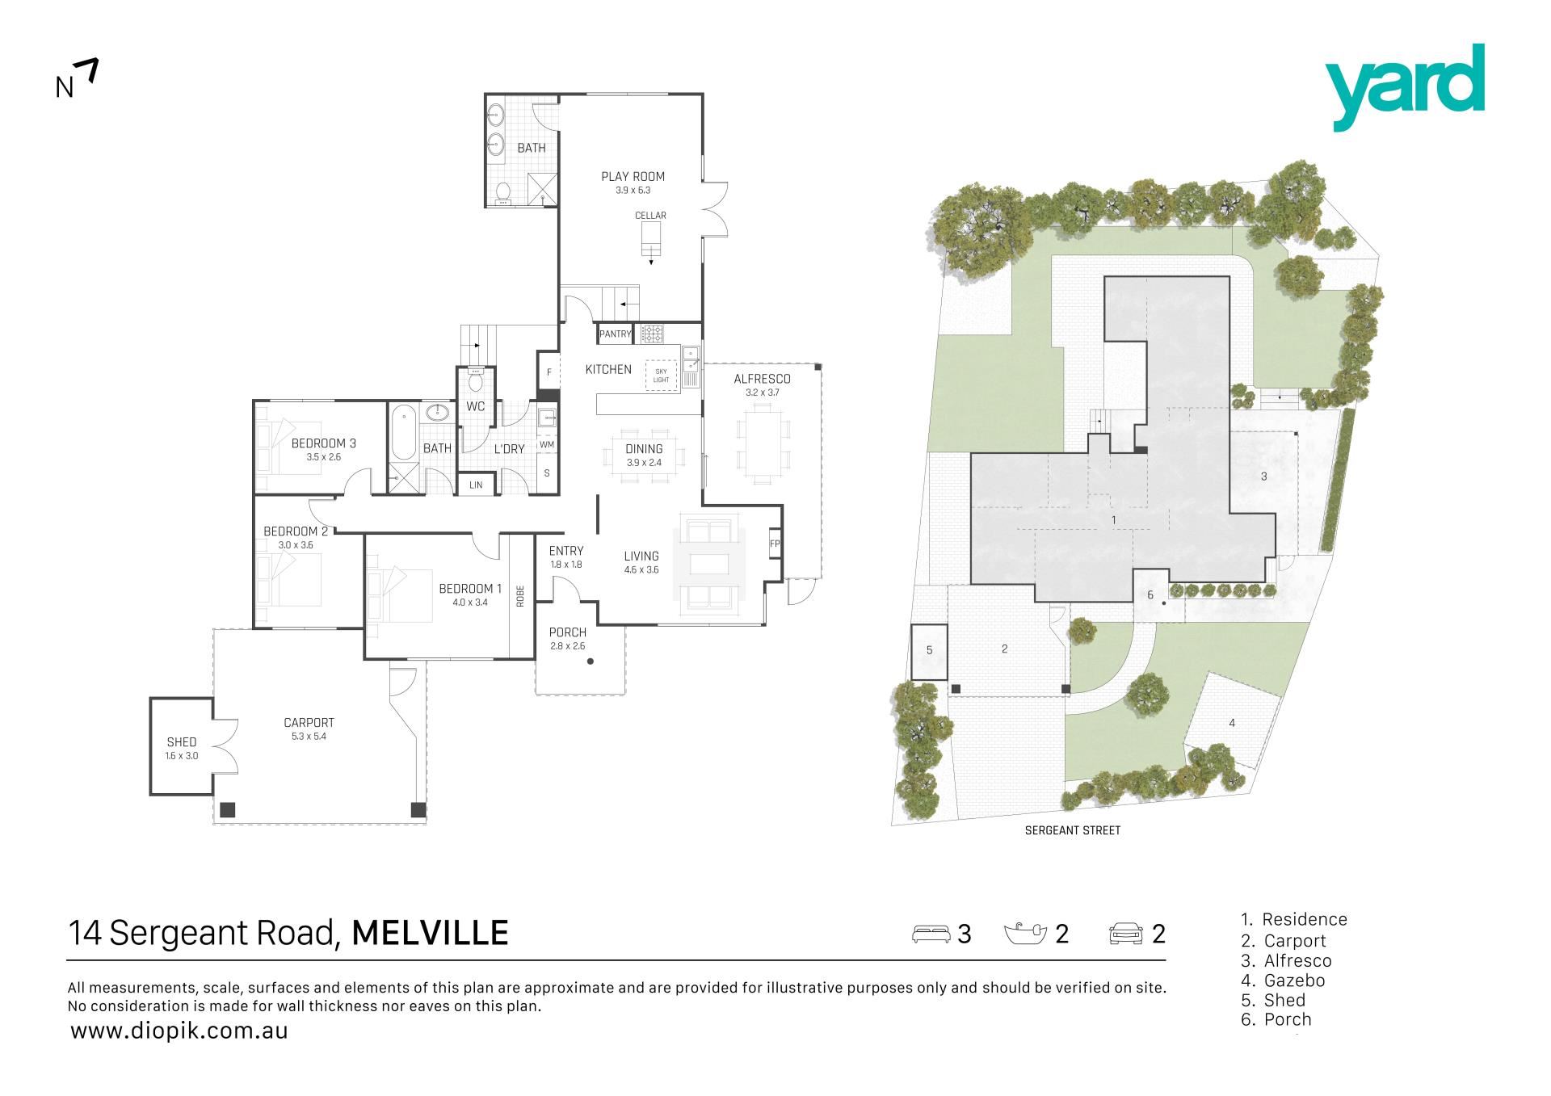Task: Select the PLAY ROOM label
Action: pyautogui.click(x=633, y=176)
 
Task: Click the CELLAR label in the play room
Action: pyautogui.click(x=650, y=216)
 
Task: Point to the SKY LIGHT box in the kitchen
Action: pyautogui.click(x=662, y=375)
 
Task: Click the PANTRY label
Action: pyautogui.click(x=615, y=334)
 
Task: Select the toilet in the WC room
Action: pyautogui.click(x=475, y=380)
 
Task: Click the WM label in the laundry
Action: pyautogui.click(x=547, y=444)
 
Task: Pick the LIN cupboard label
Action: pyautogui.click(x=476, y=485)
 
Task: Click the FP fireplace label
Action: pyautogui.click(x=775, y=544)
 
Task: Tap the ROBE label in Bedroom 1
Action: pyautogui.click(x=520, y=596)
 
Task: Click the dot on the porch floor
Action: pyautogui.click(x=591, y=661)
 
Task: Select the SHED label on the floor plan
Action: pyautogui.click(x=182, y=741)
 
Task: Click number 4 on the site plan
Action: pyautogui.click(x=1232, y=723)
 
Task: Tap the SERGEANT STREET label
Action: pyautogui.click(x=1072, y=830)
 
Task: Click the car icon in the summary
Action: pyautogui.click(x=1126, y=934)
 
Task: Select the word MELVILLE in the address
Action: pyautogui.click(x=431, y=933)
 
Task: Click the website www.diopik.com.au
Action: pyautogui.click(x=179, y=1031)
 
